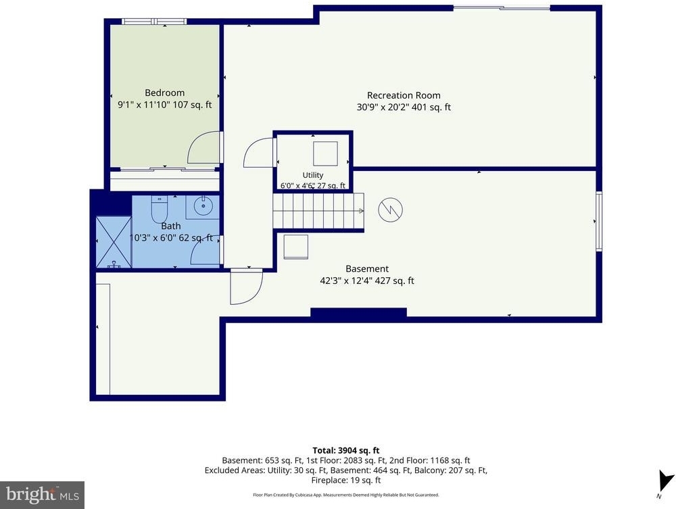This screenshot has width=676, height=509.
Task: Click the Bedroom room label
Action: pos(165,93)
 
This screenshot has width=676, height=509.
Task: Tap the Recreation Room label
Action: pos(404,95)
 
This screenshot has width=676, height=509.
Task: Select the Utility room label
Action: pos(312,175)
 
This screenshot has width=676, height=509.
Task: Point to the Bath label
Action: pos(171,226)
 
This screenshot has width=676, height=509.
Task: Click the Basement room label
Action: pos(367,269)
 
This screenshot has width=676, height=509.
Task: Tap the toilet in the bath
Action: pos(159,209)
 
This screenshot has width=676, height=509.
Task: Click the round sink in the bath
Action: pos(203,205)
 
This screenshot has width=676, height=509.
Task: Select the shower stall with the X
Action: pos(114,242)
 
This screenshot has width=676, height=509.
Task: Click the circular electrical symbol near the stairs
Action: pos(391,210)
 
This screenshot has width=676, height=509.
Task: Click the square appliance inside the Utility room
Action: pos(325,153)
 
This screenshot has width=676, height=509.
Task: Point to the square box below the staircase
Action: pos(296,247)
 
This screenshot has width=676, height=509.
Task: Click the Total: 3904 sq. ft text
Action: pos(345,450)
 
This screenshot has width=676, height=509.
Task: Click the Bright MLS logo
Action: pos(42,495)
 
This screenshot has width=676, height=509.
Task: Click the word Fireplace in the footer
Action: pos(329,480)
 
